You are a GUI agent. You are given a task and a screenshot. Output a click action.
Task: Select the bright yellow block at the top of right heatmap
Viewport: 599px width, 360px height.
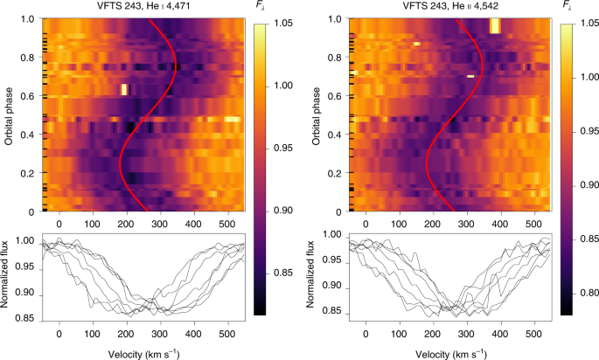pyautogui.click(x=495, y=25)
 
